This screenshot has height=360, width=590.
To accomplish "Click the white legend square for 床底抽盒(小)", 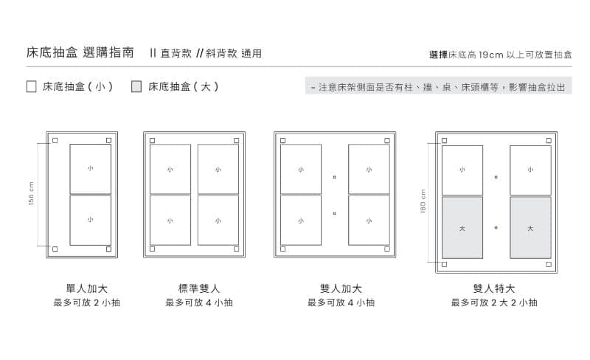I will [31, 86].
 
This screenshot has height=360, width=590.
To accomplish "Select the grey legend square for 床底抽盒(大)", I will [136, 86].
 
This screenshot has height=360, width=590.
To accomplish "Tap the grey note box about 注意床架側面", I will [438, 86].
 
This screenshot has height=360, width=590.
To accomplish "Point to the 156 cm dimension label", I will [31, 193].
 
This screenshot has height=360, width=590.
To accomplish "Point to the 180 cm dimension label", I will [423, 201].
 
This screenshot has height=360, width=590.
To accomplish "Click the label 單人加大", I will [86, 288].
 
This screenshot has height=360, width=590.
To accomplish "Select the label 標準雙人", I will [198, 288].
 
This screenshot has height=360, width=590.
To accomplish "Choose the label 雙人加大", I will [341, 288].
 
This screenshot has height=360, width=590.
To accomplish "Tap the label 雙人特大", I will [494, 288].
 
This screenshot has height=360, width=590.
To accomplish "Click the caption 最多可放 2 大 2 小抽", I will [494, 302].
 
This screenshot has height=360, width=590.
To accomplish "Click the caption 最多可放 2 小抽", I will [86, 302].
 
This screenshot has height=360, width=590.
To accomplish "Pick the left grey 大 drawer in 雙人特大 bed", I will [462, 227].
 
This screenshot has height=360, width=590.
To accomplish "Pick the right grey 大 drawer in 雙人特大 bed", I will [530, 227].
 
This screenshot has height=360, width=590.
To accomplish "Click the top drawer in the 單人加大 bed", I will [90, 169].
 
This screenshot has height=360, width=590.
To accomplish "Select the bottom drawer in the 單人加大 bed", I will [90, 220].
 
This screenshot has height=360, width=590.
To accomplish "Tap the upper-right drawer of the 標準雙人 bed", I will [218, 169].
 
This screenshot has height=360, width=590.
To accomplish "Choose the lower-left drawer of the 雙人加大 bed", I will [301, 220].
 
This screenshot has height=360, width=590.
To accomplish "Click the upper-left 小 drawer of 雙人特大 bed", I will [462, 170].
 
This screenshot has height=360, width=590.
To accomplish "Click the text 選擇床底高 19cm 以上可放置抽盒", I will [501, 54].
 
